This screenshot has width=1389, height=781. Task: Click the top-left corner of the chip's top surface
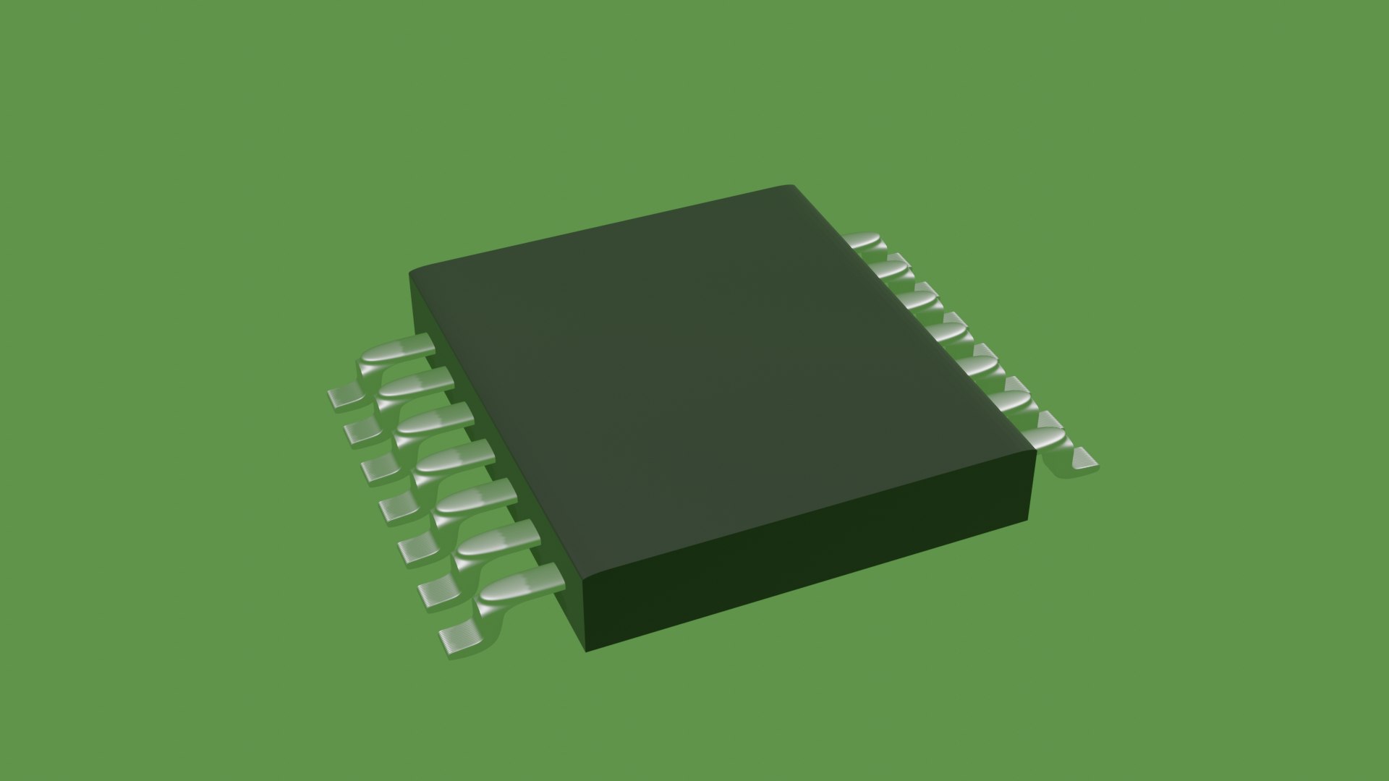coord(412,273)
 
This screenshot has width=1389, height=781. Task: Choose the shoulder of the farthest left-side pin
coord(394,352)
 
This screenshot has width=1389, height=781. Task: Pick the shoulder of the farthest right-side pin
coord(865,241)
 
